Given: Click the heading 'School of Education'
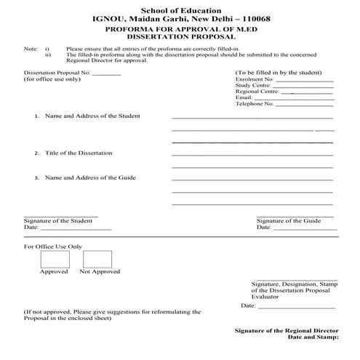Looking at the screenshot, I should pos(180,7).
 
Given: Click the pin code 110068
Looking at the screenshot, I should pos(249,17).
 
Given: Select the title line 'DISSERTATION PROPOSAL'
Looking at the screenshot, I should pos(180,35).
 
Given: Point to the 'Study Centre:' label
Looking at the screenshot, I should pos(253,86).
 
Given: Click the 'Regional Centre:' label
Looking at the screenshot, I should pos(257,92).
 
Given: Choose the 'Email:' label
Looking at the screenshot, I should pos(244,97).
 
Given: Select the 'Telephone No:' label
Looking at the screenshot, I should pos(255,104).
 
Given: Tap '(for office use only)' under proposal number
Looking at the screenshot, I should pos(52,79).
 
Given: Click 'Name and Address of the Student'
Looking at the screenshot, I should pos(92,116).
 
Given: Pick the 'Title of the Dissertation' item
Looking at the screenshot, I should pos(79,153).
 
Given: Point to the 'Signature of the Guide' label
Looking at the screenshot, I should pos(289,220).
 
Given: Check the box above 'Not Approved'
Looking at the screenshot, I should pos(100,259).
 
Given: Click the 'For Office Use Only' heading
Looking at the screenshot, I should pos(53,247).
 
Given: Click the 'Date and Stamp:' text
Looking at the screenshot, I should pos(313,337).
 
